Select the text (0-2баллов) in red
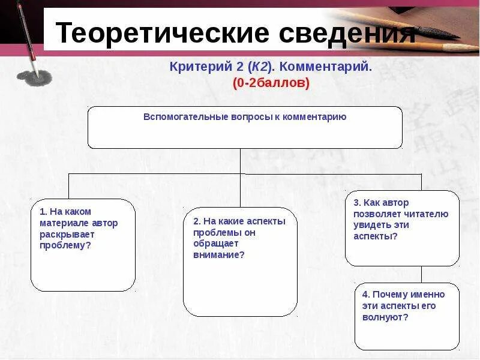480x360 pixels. click(x=271, y=83)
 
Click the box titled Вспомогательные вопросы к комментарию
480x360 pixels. click(x=245, y=127)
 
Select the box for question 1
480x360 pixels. click(x=83, y=245)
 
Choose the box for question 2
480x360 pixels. click(x=240, y=262)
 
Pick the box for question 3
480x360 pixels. click(x=402, y=228)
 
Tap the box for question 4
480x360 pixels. click(x=406, y=316)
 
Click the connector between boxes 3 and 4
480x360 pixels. click(x=421, y=274)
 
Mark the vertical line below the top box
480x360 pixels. click(x=241, y=161)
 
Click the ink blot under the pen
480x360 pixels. click(x=34, y=77)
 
